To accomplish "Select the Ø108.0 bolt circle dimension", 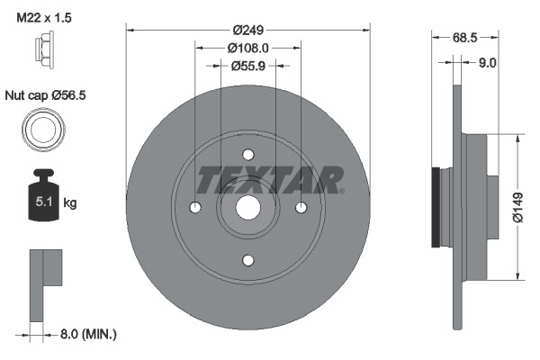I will coord(247,48).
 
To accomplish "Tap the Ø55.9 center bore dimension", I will coord(248,66).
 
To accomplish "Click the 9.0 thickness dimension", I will coord(487,62).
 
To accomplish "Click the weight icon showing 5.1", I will coord(43,192).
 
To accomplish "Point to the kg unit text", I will coord(71,203).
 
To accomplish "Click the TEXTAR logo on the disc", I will coord(270,180).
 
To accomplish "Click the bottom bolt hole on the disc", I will coord(248,259).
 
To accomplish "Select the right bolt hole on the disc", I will coord(301,208).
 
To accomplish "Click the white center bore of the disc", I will coord(248,208).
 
